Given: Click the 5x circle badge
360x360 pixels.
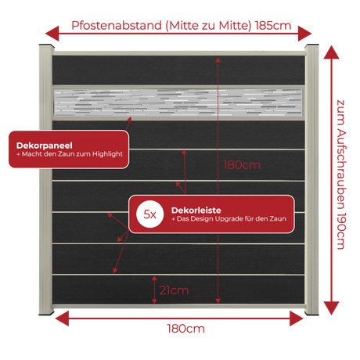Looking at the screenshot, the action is pyautogui.click(x=149, y=214).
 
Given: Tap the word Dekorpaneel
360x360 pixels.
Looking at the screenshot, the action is pyautogui.click(x=45, y=146).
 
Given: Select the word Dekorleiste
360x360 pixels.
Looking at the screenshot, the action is pyautogui.click(x=196, y=210).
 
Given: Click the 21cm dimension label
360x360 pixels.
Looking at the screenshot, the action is pyautogui.click(x=174, y=290).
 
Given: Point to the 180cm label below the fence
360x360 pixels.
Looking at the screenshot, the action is pyautogui.click(x=185, y=329).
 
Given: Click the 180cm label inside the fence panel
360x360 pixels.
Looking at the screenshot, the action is pyautogui.click(x=242, y=165).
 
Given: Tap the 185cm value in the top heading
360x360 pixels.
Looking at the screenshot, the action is pyautogui.click(x=273, y=26).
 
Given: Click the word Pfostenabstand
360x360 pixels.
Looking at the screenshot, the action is pyautogui.click(x=117, y=26).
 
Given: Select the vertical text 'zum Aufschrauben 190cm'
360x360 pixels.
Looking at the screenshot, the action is pyautogui.click(x=341, y=175).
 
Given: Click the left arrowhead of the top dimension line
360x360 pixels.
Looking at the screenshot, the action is pyautogui.click(x=52, y=34).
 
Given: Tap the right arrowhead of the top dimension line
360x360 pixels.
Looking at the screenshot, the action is pyautogui.click(x=305, y=34).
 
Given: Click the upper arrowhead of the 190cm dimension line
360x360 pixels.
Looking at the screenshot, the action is pyautogui.click(x=331, y=52).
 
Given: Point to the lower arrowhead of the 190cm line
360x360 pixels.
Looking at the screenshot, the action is pyautogui.click(x=331, y=308).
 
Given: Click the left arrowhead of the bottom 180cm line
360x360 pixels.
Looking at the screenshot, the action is pyautogui.click(x=62, y=319).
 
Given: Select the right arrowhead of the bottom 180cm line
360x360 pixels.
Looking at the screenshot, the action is pyautogui.click(x=297, y=319).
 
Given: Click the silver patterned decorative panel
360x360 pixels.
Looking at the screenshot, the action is pyautogui.click(x=178, y=103).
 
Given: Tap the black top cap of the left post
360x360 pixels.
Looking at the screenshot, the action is pyautogui.click(x=47, y=46).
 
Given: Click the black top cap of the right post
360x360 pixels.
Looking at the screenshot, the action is pyautogui.click(x=311, y=46).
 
